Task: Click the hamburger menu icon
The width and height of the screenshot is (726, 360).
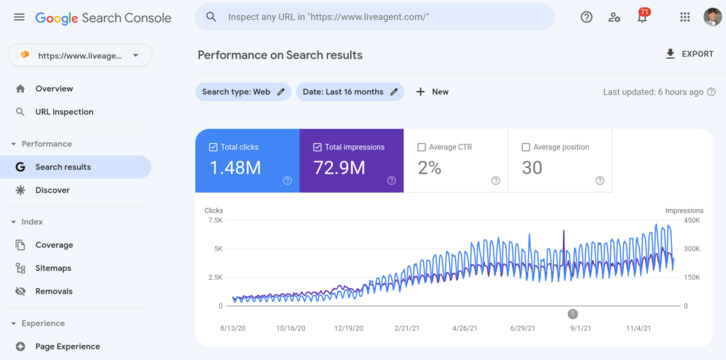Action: tap(19, 17)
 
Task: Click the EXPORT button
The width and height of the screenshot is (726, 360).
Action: tap(689, 54)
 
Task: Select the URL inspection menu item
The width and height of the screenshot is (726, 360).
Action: tap(64, 112)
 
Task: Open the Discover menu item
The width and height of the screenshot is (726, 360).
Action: tap(52, 190)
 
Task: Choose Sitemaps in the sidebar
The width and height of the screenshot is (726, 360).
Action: tap(53, 268)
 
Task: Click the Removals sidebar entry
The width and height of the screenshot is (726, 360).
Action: tap(54, 291)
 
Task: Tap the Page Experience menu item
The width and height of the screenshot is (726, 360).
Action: tap(67, 347)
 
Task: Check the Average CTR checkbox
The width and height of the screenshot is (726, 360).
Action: tap(422, 147)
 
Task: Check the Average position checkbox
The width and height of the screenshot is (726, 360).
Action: tap(526, 147)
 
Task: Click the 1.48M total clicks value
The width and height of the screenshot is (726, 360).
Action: tap(235, 168)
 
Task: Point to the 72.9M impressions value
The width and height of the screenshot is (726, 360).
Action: tap(339, 168)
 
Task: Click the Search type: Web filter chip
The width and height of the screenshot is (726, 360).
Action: tap(243, 91)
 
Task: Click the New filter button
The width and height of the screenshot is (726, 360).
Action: tap(432, 91)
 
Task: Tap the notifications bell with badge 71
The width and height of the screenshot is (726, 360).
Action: tap(642, 17)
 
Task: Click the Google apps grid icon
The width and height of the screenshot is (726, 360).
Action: tap(684, 17)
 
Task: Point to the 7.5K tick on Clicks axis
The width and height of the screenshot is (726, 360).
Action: tap(214, 220)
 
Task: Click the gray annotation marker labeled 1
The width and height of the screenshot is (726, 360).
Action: tap(573, 314)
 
